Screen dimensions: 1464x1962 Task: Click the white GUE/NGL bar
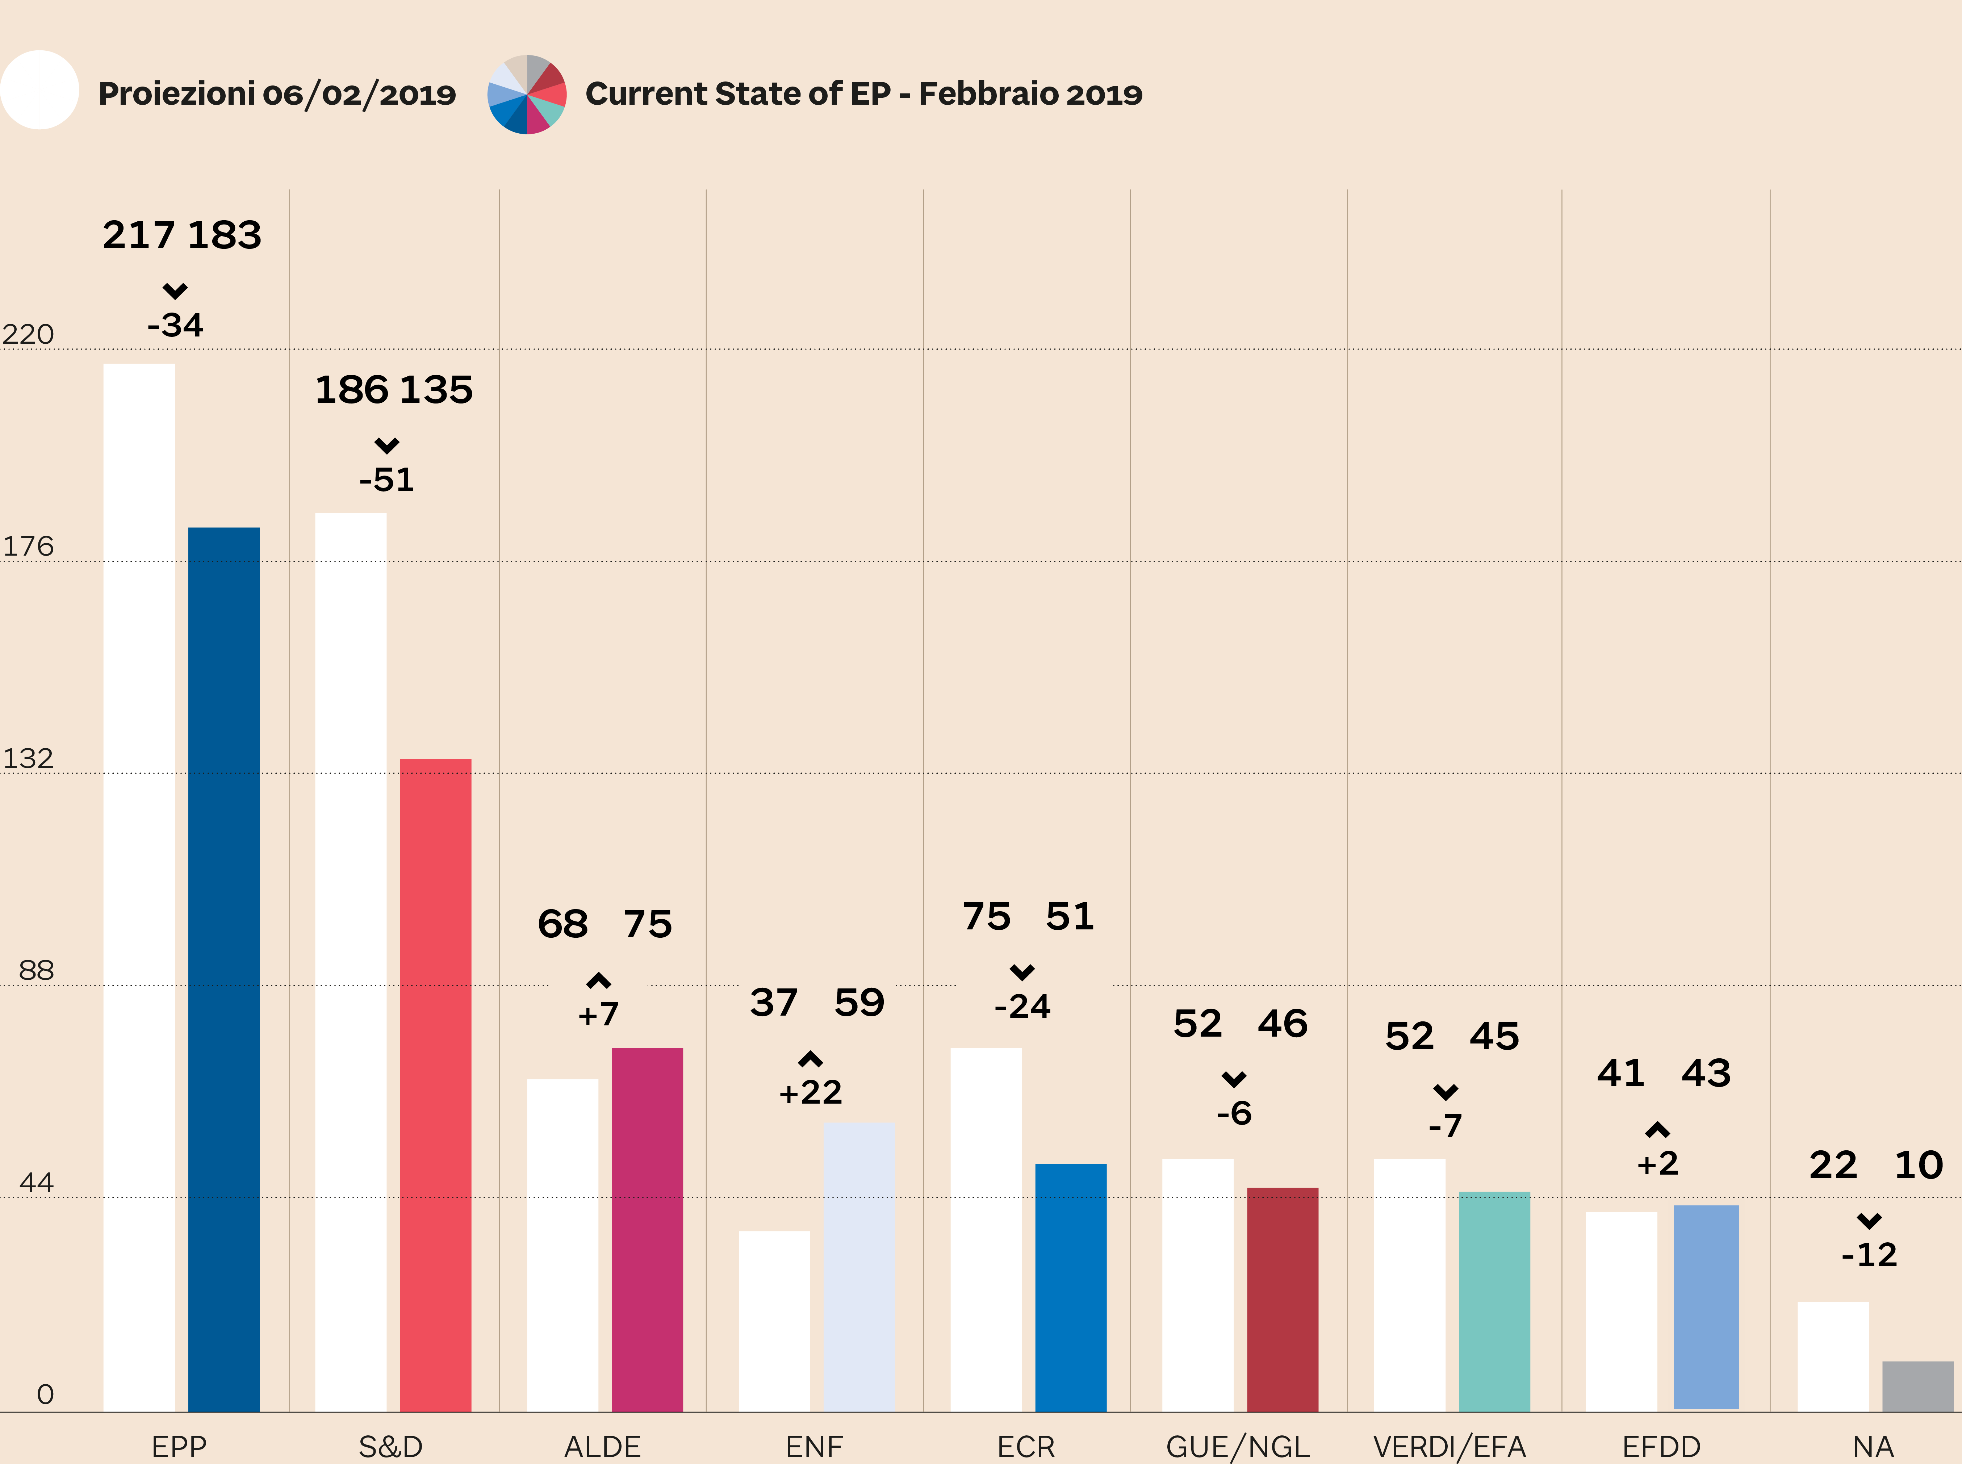point(1197,1285)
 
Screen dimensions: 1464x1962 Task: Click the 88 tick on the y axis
point(36,970)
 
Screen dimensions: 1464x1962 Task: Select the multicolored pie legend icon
point(527,94)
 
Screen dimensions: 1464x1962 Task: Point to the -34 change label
point(175,325)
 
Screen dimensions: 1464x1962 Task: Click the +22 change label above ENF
point(810,1093)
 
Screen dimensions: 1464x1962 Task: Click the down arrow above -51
point(386,445)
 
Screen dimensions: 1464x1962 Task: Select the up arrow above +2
point(1657,1130)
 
